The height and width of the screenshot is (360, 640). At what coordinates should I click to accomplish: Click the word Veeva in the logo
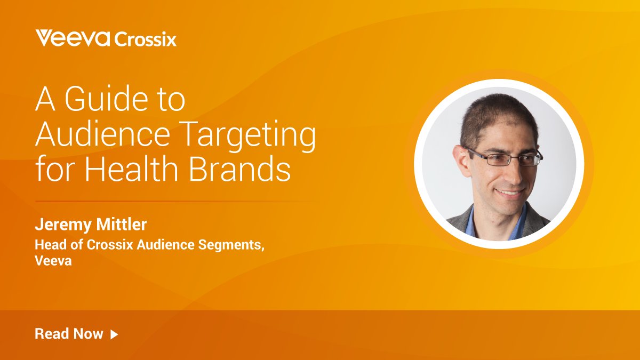pyautogui.click(x=73, y=38)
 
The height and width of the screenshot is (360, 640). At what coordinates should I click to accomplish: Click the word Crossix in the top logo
pyautogui.click(x=145, y=39)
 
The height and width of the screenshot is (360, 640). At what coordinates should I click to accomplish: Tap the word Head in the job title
pyautogui.click(x=48, y=245)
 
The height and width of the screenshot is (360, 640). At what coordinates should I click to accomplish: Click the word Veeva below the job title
pyautogui.click(x=53, y=261)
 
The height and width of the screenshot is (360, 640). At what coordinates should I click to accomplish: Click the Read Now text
pyautogui.click(x=69, y=334)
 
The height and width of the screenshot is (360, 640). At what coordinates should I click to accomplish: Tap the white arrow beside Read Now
pyautogui.click(x=114, y=334)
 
